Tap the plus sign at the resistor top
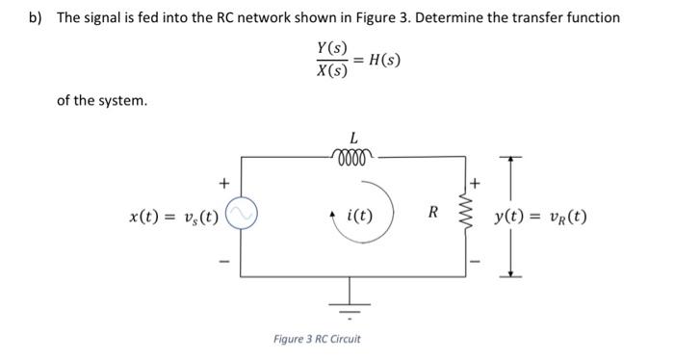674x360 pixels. tap(474, 181)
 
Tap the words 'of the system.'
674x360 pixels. tap(103, 100)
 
